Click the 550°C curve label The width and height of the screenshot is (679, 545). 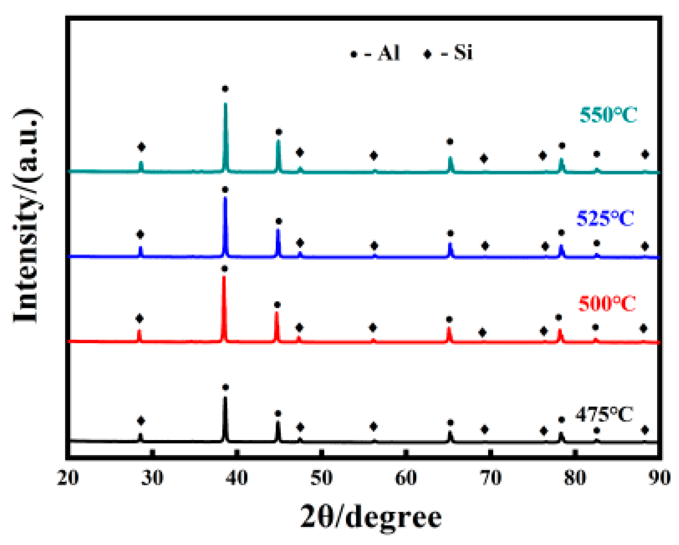(x=608, y=115)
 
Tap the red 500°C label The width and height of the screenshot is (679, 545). (x=606, y=303)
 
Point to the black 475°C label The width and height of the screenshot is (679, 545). (x=604, y=414)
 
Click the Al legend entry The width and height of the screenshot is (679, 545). (x=376, y=53)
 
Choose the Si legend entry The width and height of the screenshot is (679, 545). (x=448, y=53)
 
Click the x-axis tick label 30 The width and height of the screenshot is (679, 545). (x=153, y=478)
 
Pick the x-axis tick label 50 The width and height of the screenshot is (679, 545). (x=322, y=478)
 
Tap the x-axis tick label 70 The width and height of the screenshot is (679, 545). (x=491, y=478)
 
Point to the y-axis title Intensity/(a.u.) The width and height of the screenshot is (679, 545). (x=27, y=215)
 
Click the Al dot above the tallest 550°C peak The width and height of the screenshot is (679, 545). (x=225, y=89)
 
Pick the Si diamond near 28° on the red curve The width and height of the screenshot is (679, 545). (x=139, y=318)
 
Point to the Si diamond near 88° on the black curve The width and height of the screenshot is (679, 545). (x=645, y=430)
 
